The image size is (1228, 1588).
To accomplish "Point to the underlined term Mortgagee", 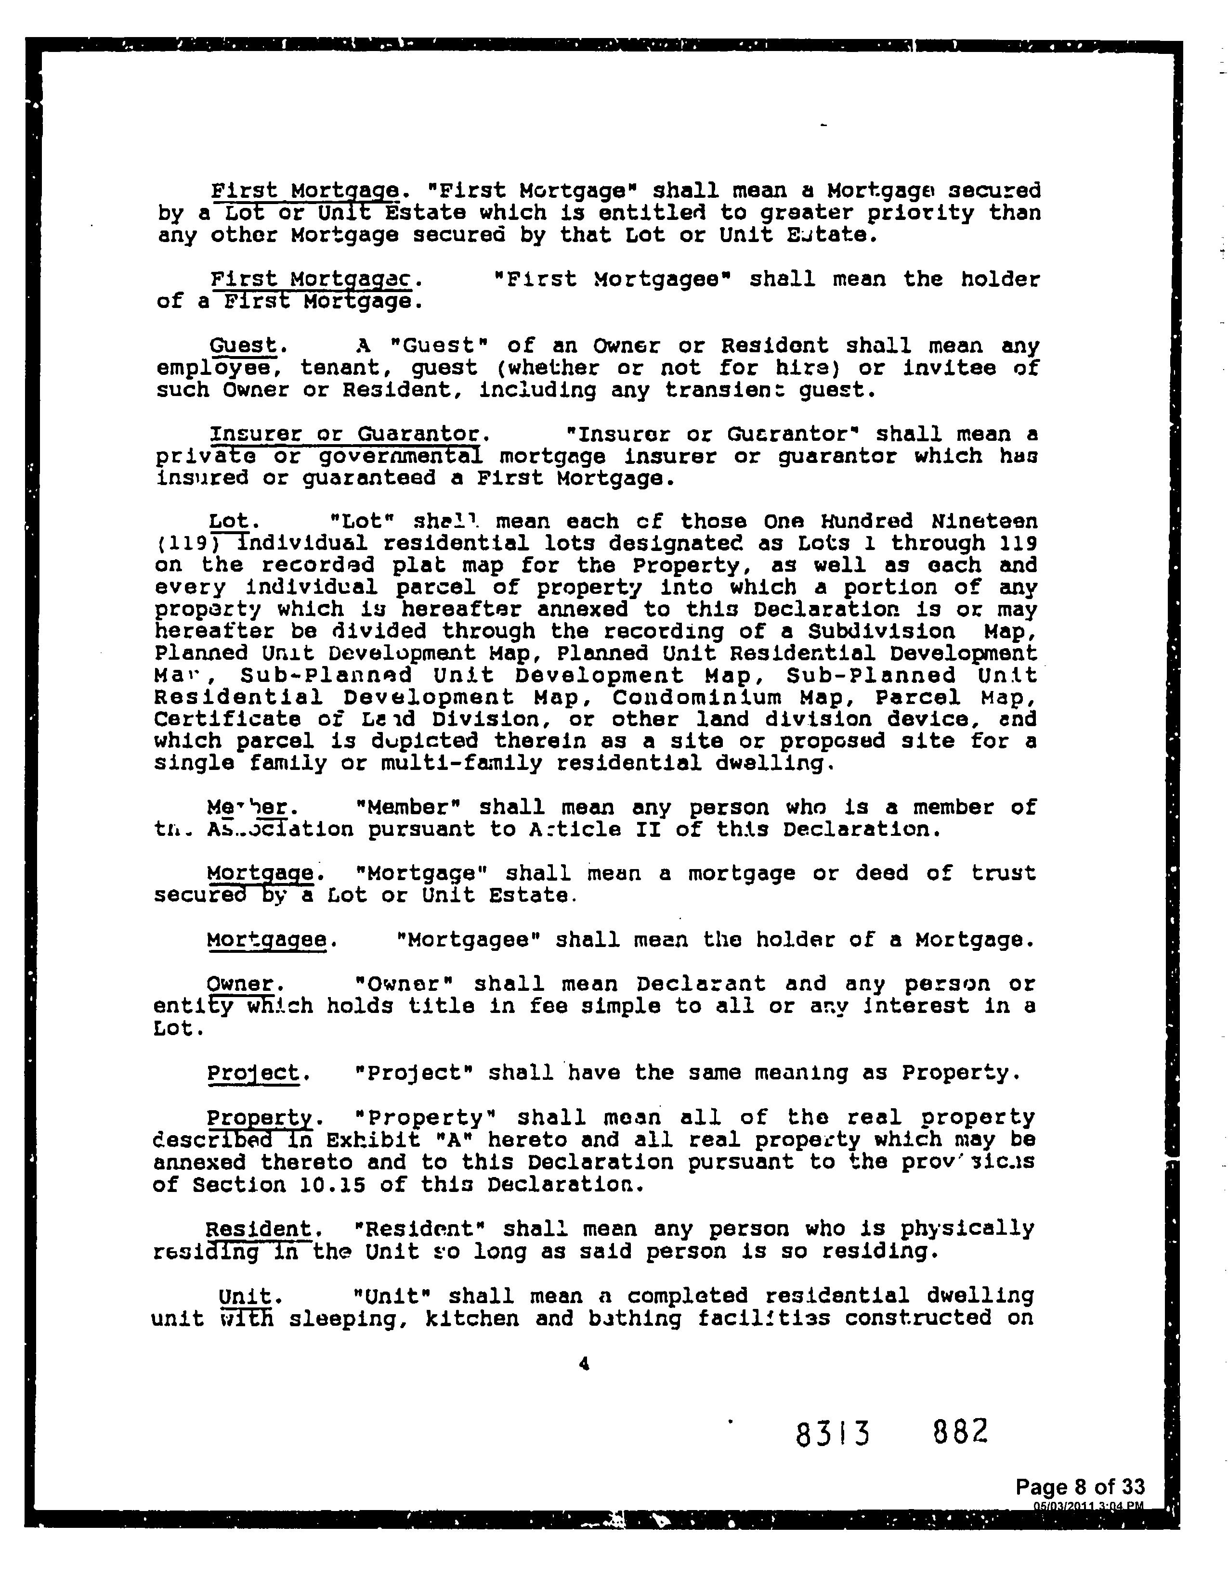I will coord(266,940).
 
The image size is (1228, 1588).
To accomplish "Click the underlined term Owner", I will coord(240,985).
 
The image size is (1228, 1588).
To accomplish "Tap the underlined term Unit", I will coord(245,1296).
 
